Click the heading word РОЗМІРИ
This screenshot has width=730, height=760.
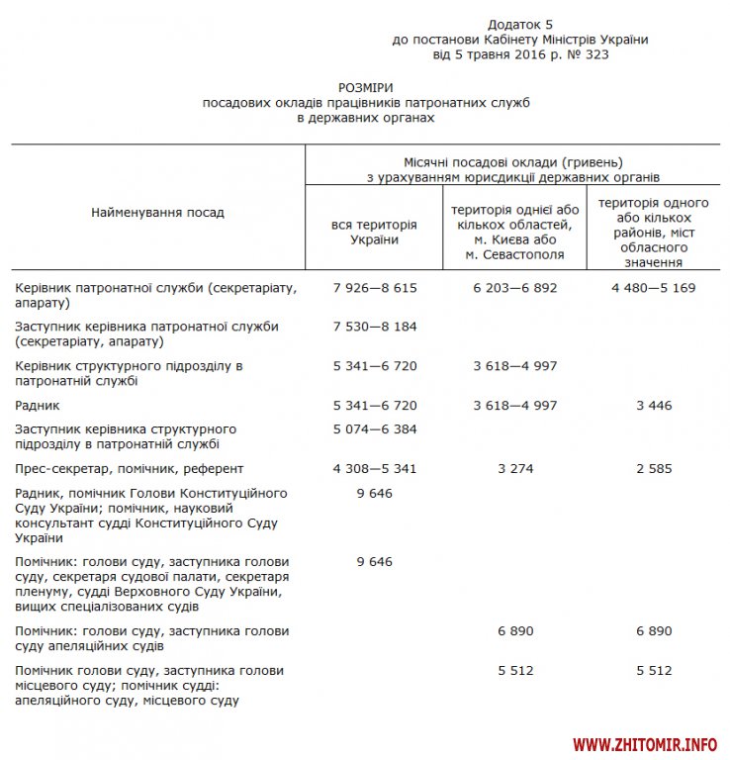pyautogui.click(x=366, y=88)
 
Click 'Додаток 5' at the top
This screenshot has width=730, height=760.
pyautogui.click(x=520, y=23)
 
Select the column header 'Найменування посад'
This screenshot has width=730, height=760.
pyautogui.click(x=157, y=212)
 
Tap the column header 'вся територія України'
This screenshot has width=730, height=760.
pyautogui.click(x=374, y=232)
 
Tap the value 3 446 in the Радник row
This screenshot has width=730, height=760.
pyautogui.click(x=653, y=405)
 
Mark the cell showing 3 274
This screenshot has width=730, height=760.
pyautogui.click(x=514, y=468)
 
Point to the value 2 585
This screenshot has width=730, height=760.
pyautogui.click(x=653, y=468)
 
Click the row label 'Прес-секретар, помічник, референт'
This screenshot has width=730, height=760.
pyautogui.click(x=130, y=468)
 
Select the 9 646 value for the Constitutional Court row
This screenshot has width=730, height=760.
pyautogui.click(x=374, y=492)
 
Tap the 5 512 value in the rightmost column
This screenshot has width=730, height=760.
pyautogui.click(x=653, y=670)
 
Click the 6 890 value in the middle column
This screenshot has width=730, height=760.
pyautogui.click(x=514, y=630)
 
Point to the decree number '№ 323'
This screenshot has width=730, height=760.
pyautogui.click(x=589, y=54)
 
